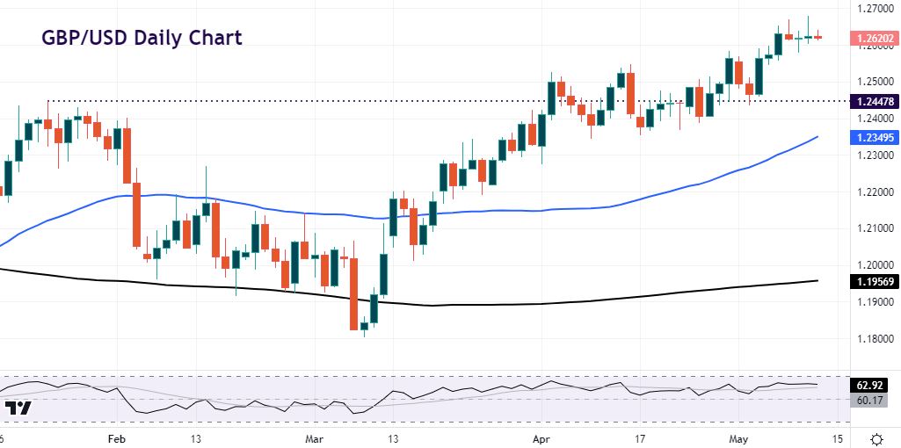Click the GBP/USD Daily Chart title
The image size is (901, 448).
point(142,38)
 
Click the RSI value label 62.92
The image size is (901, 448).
point(873,384)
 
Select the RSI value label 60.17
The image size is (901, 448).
point(873,400)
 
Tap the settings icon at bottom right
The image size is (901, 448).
point(876,438)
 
